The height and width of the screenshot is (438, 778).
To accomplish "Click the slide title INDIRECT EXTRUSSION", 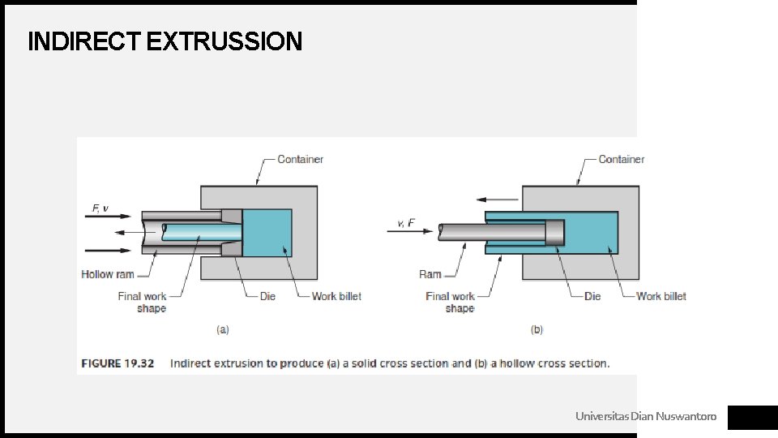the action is tap(165, 41).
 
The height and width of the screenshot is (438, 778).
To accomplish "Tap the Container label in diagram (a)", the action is tap(300, 160).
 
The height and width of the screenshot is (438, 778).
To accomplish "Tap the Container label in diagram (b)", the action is tap(622, 160).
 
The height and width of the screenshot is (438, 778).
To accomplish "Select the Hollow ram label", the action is tap(108, 274).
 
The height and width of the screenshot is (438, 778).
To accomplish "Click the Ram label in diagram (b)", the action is tap(430, 274).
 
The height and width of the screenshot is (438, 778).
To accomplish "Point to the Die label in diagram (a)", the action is tap(267, 297).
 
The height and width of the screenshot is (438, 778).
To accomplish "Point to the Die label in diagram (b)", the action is tap(592, 297).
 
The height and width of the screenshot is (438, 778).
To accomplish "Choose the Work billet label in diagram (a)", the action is tap(336, 297).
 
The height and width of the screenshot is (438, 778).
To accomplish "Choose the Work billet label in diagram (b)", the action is tap(661, 297).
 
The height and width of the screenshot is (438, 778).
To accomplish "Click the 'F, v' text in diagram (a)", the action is tap(100, 208).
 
